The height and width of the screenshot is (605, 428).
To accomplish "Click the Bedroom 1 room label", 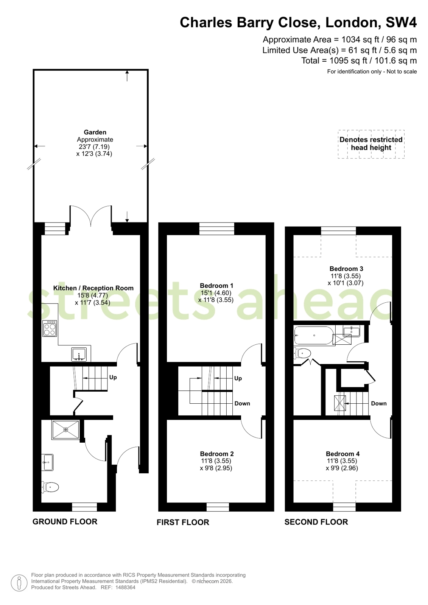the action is click(216, 286).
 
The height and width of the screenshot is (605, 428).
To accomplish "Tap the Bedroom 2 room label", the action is click(217, 454).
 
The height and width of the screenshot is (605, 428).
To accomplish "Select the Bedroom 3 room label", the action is click(346, 269).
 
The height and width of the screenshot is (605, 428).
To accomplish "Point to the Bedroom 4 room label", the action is click(342, 454).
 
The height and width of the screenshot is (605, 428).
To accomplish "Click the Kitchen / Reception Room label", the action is click(93, 288).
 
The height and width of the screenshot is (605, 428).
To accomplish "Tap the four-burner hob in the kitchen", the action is click(50, 328).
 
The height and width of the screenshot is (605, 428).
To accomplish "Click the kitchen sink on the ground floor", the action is click(79, 355).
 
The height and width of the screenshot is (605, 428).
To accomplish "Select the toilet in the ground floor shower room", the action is click(50, 487).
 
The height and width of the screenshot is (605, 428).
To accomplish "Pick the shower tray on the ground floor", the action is click(66, 429).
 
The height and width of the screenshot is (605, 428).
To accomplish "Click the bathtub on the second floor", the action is click(314, 336).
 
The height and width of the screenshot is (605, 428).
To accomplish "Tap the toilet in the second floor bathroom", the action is click(302, 353).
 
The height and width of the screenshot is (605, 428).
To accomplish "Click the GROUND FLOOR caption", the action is click(65, 521).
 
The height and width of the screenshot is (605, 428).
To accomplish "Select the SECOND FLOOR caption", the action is click(316, 522).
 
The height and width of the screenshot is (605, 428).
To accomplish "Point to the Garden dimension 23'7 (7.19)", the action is click(93, 147).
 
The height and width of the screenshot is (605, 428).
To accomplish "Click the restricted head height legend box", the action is click(371, 144).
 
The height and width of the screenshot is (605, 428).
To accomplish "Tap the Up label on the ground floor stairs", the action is click(113, 377).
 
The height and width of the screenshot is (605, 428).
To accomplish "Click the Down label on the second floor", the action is click(378, 403).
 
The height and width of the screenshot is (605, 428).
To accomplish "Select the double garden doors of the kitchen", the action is click(91, 216).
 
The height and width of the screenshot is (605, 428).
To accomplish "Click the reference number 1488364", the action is click(125, 587).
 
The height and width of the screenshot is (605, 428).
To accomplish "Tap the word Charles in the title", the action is click(206, 22).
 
